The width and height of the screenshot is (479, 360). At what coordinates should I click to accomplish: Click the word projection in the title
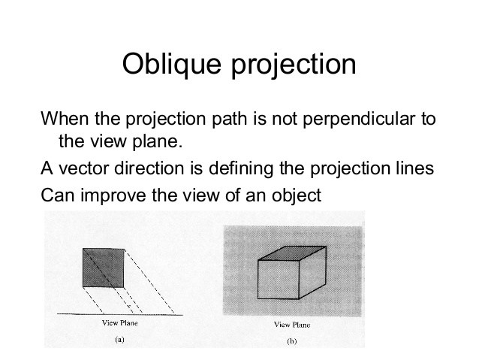point(297,65)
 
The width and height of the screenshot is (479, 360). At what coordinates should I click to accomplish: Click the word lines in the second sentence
point(416,168)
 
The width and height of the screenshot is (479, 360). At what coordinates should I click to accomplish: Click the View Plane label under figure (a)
point(119,324)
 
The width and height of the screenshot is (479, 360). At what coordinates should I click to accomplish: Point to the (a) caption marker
point(119,340)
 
